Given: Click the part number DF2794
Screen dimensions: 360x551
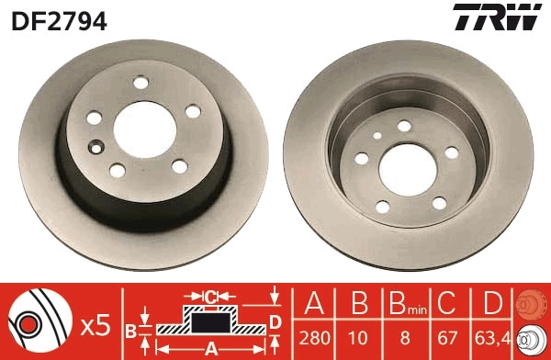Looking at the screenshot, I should click(59, 18).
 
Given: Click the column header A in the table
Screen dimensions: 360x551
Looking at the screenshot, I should click(313, 303).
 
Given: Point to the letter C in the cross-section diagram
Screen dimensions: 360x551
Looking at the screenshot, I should click(210, 297).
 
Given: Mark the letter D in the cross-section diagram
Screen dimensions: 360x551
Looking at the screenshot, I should click(275, 321).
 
